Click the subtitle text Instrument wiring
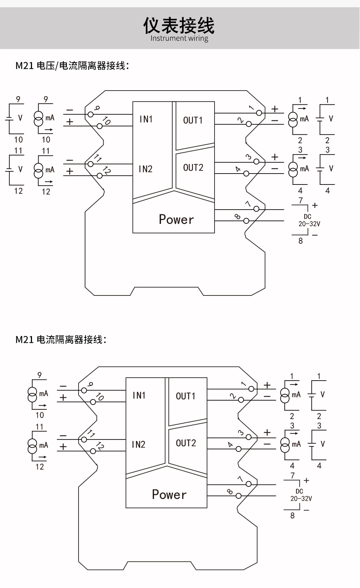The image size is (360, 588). [179, 38]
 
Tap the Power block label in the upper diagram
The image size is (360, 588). [176, 219]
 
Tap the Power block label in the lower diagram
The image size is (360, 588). [169, 494]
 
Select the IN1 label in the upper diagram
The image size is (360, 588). [146, 119]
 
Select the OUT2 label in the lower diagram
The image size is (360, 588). [186, 443]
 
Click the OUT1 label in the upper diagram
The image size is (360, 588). [193, 120]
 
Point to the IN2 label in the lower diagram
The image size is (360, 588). [139, 445]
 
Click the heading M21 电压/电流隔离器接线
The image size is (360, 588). [72, 66]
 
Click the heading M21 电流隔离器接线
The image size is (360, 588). [61, 340]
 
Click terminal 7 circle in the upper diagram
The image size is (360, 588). [256, 209]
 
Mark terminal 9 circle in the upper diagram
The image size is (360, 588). [91, 114]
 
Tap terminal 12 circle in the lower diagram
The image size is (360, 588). [93, 451]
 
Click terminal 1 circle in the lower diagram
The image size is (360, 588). [251, 389]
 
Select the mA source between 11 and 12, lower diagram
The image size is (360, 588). [33, 445]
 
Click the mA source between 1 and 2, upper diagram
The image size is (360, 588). [293, 119]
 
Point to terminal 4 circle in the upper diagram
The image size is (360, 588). [246, 174]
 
